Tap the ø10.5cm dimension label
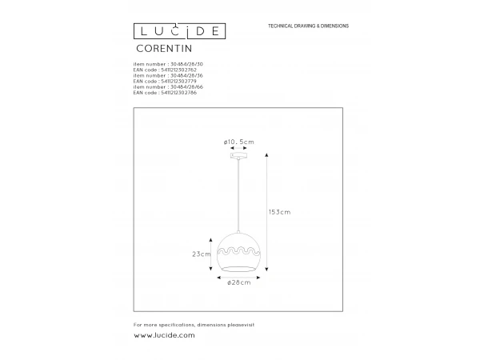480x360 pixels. pos(239,142)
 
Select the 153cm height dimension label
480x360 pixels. pos(279,212)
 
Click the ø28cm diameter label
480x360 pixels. pos(239,282)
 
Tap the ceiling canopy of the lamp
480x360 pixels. pos(239,158)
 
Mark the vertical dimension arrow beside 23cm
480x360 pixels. pos(214,254)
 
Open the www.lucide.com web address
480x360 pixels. pos(164,335)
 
